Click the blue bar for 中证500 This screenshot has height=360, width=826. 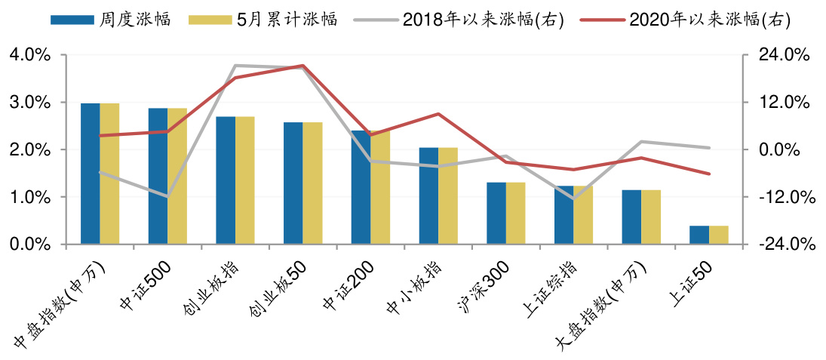click(x=158, y=177)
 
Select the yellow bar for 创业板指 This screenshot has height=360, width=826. click(x=244, y=180)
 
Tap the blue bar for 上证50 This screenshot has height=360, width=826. click(x=699, y=235)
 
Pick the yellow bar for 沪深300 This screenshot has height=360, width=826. click(x=515, y=214)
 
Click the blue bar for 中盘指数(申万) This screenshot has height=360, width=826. click(x=90, y=174)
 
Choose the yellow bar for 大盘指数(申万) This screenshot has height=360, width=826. click(x=650, y=217)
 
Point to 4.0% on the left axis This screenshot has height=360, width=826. click(x=29, y=55)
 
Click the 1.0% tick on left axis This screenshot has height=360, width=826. click(x=29, y=197)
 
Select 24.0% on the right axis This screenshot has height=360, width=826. click(x=784, y=55)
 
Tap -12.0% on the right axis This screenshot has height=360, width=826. click(x=784, y=197)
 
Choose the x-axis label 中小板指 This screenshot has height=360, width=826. click(x=413, y=291)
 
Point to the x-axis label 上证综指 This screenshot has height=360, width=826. click(x=548, y=291)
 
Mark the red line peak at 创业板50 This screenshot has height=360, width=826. click(x=302, y=66)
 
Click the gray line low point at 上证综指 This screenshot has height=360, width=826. click(x=573, y=198)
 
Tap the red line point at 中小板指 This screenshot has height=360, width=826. click(x=438, y=114)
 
